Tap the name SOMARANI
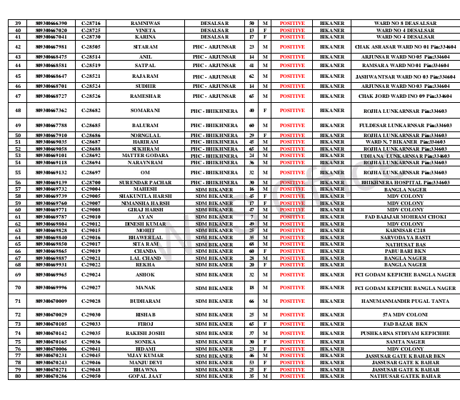coord(146,111)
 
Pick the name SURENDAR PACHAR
coord(146,182)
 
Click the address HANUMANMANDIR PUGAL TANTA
coord(405,301)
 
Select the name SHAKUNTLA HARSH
coord(146,196)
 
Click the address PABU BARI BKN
coord(405,251)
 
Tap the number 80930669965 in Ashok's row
coord(51,274)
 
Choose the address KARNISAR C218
coord(405,230)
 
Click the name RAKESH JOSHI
coord(146,333)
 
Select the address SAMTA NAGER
coord(405,341)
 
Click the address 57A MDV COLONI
coord(405,314)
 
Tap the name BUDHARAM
coord(146,301)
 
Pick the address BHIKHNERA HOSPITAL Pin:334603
coord(405,182)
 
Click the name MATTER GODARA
coord(146,155)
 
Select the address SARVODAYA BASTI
coord(405,237)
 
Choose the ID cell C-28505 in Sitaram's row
coord(91,46)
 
